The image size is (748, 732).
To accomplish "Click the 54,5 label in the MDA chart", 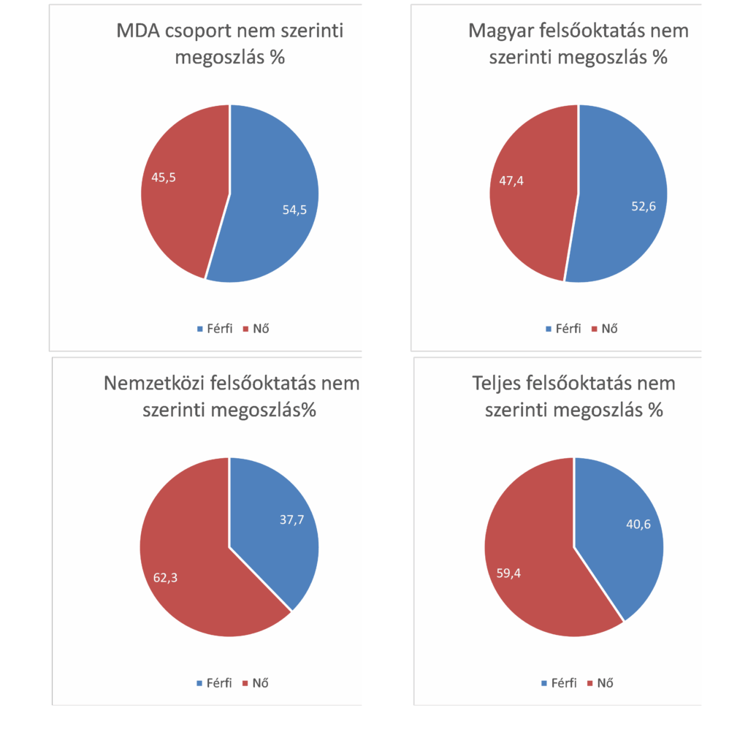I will pos(294,210).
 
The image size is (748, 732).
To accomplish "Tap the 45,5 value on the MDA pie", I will pos(163,177).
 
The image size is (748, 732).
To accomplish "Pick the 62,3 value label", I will pos(165,577).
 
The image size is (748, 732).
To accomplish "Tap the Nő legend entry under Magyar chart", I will pos(610,328).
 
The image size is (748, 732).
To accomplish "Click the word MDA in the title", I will pos(141,31).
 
